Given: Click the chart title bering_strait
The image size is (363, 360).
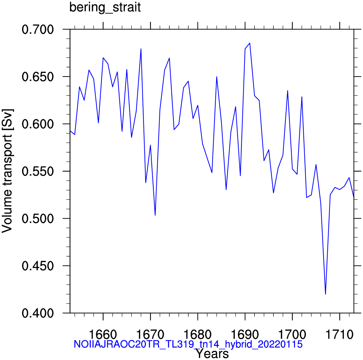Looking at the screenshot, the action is click(x=105, y=7).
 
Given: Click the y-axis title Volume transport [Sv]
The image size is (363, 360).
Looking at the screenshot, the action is click(x=7, y=171).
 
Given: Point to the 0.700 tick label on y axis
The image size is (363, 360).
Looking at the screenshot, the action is click(x=38, y=30).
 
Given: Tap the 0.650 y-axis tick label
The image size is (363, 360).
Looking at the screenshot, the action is click(x=38, y=77).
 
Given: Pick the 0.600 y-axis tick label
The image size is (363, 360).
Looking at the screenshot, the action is click(x=38, y=124).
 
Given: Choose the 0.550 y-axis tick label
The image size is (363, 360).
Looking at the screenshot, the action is click(x=38, y=171).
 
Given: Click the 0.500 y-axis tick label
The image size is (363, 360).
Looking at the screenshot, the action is click(x=38, y=219).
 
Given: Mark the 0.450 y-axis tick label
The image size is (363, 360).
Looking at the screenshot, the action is click(x=38, y=266).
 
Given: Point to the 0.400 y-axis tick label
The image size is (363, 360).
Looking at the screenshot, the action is click(x=38, y=313).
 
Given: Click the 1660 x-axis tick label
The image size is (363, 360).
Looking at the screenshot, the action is click(x=103, y=334).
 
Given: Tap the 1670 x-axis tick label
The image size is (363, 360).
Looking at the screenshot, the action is click(x=150, y=334).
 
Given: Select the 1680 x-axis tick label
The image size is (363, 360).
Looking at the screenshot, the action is click(x=198, y=334).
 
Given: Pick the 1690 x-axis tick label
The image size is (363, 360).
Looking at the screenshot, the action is click(x=245, y=334).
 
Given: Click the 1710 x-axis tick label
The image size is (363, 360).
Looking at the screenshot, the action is click(x=340, y=334).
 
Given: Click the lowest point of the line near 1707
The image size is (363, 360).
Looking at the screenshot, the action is click(x=326, y=294).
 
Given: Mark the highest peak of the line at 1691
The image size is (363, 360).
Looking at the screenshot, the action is click(x=250, y=43).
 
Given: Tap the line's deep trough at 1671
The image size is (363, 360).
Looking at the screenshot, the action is click(x=155, y=215).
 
